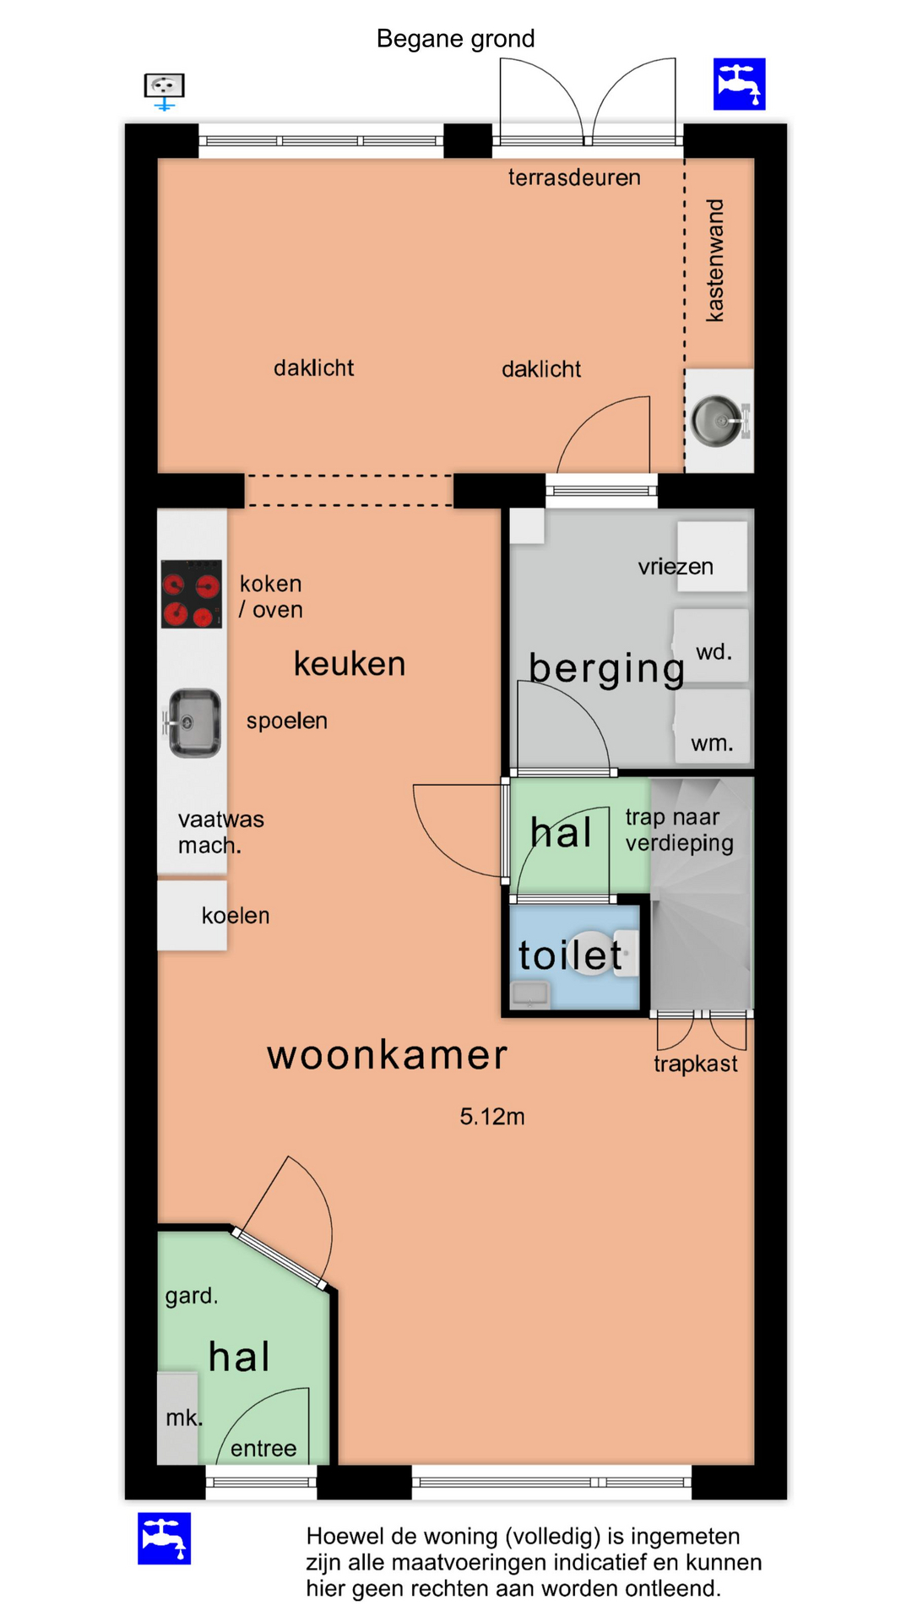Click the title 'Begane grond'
(455, 39)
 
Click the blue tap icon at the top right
(739, 84)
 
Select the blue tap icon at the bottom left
(165, 1538)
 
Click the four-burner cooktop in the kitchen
(192, 594)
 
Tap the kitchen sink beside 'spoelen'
(194, 723)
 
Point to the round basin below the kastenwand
(718, 420)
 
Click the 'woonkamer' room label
(388, 1055)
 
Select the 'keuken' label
(350, 664)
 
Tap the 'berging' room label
(607, 669)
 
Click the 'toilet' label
(570, 955)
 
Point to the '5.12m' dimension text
(492, 1117)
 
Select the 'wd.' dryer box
(711, 645)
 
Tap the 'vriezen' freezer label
(676, 567)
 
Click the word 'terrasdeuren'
(574, 177)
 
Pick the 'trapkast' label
(696, 1064)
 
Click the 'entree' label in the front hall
(263, 1449)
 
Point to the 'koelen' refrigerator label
(236, 916)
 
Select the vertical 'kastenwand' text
(715, 260)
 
